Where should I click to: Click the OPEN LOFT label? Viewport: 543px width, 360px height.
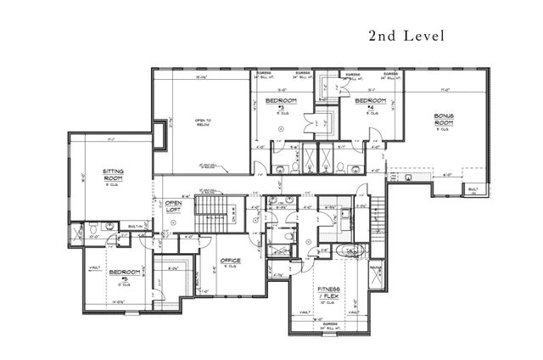click(x=173, y=207)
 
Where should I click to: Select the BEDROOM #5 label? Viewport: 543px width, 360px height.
click(x=119, y=274)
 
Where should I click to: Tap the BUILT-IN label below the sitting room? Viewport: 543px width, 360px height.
click(x=134, y=227)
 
